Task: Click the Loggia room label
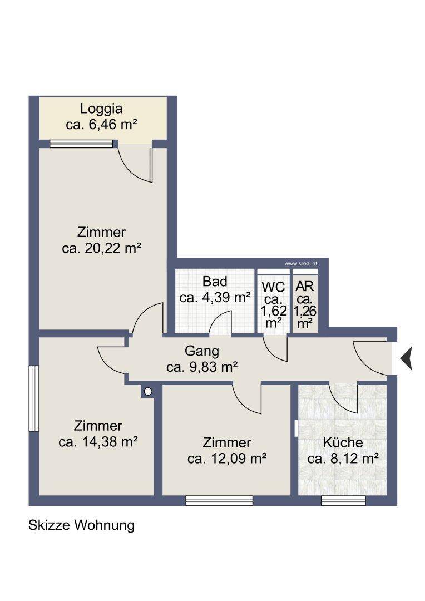coord(101,109)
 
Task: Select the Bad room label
coord(215,282)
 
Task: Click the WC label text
coord(273,287)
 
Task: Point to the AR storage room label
coord(305,287)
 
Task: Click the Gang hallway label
coord(202,351)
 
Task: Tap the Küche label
coord(343,442)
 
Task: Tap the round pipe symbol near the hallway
coord(148,392)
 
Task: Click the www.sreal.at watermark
coord(301,264)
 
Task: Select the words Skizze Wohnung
coord(81,525)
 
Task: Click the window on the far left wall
coord(34,398)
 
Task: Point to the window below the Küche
coord(343,501)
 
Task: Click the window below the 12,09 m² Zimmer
coord(219,501)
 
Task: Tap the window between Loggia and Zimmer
coord(81,144)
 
